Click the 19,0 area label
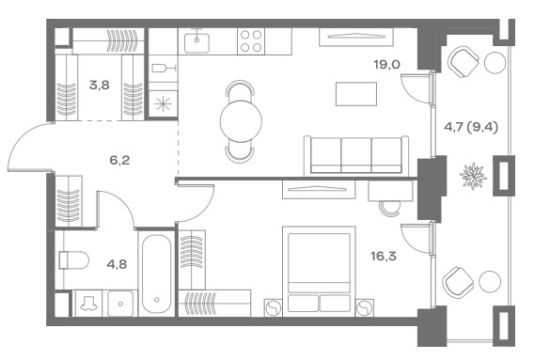point(387,64)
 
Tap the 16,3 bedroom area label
point(384,256)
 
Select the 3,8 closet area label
point(100,86)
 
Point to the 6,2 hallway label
point(120,160)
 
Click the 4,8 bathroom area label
point(117,264)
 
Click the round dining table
point(241,121)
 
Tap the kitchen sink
point(196,43)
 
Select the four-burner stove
point(251,41)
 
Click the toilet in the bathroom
point(73,259)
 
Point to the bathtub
point(156,274)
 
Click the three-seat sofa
point(356,155)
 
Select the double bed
point(319,271)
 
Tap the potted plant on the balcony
point(473,176)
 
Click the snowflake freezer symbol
point(163,104)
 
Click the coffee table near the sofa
point(356,94)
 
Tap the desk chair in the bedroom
point(389,208)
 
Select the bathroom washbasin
point(120,303)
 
